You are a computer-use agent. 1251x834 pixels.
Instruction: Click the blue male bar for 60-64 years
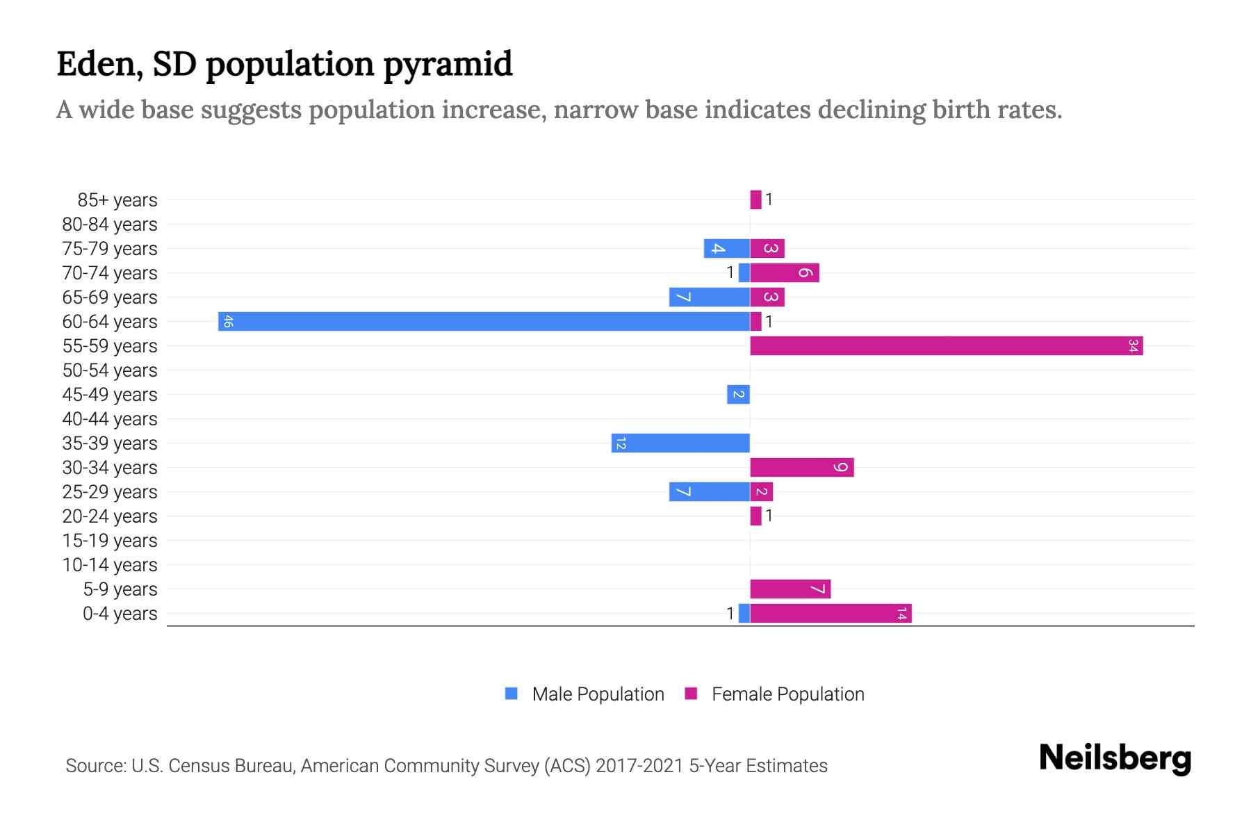click(484, 321)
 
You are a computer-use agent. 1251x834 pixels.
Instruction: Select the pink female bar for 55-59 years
click(946, 345)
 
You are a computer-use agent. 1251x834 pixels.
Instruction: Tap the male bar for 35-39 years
click(680, 443)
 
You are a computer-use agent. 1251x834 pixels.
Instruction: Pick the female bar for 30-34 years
click(801, 467)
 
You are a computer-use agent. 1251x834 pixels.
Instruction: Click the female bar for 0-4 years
click(831, 613)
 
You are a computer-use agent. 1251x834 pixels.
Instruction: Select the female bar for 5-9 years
click(790, 589)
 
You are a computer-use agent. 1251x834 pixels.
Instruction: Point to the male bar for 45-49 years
click(738, 394)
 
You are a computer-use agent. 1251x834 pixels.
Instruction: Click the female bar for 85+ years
click(755, 199)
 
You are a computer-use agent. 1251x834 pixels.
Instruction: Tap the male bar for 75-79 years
click(726, 248)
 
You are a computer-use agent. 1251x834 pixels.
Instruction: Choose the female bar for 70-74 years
click(785, 272)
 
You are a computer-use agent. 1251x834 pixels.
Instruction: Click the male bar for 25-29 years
click(709, 491)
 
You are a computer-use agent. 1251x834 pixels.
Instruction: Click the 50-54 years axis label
click(110, 370)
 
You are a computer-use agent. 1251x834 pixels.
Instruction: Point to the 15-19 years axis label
click(110, 541)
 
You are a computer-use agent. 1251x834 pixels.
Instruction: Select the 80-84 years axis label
click(110, 224)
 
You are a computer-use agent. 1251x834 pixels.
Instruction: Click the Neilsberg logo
click(1115, 758)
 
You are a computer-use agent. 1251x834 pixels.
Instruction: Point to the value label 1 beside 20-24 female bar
click(769, 516)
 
